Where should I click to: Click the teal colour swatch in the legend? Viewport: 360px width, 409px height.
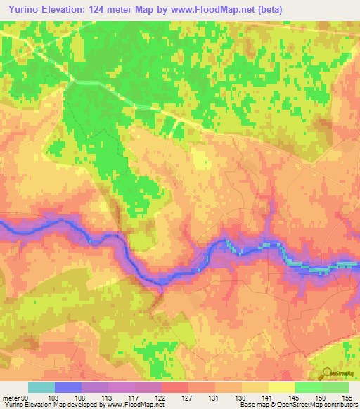click(41, 387)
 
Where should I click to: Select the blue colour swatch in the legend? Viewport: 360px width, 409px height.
click(68, 387)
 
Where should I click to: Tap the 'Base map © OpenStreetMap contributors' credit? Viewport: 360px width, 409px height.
click(297, 405)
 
